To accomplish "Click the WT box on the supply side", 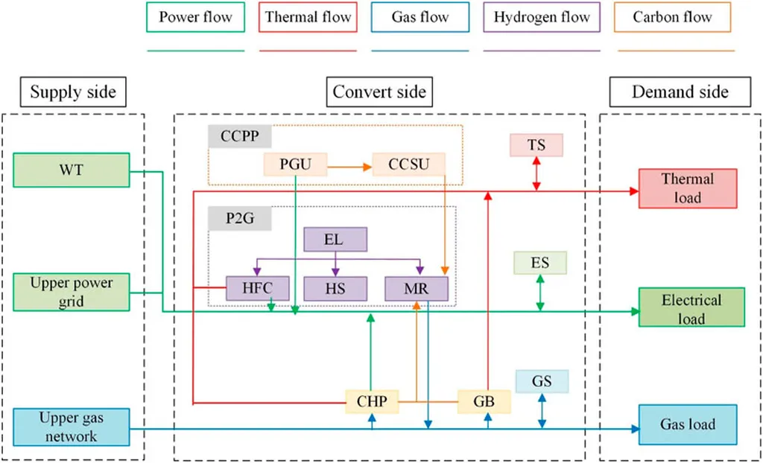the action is (x=72, y=170).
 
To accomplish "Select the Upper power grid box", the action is (x=72, y=293).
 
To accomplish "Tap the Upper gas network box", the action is (x=72, y=427).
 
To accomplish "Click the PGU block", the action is (x=295, y=165).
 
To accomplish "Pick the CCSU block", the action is (x=409, y=165).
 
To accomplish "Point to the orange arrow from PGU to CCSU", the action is (x=349, y=167).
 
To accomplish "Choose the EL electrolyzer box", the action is (x=335, y=240).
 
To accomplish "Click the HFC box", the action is (x=258, y=288).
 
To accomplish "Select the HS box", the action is (x=335, y=288).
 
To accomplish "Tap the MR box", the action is (x=416, y=288).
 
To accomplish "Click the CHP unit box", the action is (x=372, y=402).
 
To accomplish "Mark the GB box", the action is (x=484, y=402).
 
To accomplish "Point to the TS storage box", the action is (x=536, y=144).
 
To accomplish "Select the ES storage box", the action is (x=540, y=263).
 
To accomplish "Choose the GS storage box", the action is (x=542, y=381).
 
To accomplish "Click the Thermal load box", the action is (x=688, y=188).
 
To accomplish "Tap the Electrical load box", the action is (x=691, y=307).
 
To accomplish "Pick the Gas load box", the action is (x=688, y=424).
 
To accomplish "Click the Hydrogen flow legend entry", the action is (x=542, y=17).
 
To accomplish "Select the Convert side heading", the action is (x=379, y=92).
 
